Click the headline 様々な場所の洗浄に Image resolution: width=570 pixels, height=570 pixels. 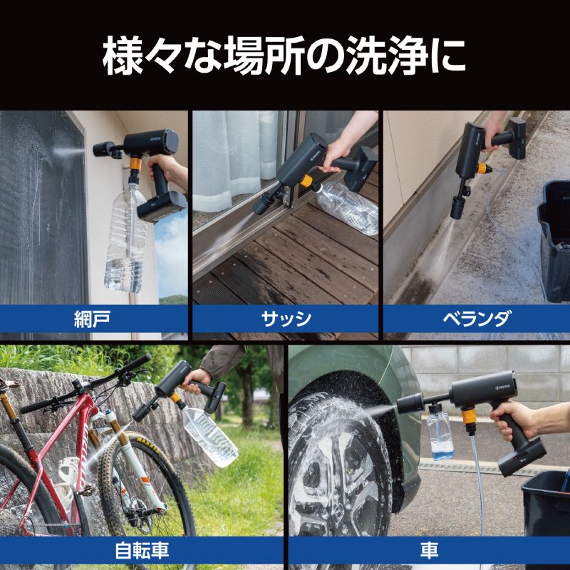point(285,58)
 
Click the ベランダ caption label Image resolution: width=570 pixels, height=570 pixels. point(476,318)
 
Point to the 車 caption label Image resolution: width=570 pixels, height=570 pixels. point(429,550)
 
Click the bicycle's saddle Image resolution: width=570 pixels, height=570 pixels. point(9,385)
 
